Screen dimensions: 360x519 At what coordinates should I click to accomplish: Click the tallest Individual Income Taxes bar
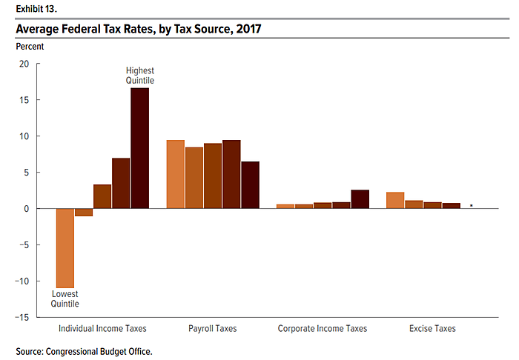pos(139,148)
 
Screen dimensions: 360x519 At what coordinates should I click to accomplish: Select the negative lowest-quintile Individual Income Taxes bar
pos(65,247)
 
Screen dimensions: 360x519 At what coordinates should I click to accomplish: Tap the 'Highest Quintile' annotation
pos(139,76)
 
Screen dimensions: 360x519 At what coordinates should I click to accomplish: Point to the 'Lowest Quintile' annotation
pos(65,299)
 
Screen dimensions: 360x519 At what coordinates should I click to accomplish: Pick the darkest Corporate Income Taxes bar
pos(360,199)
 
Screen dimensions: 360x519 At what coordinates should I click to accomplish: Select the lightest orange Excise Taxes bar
pos(396,200)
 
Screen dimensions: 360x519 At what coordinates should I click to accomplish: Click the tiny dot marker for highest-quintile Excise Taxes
pos(472,205)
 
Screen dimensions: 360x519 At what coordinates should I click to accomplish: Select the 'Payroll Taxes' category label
pos(213,328)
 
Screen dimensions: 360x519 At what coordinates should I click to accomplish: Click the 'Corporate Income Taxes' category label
pos(323,328)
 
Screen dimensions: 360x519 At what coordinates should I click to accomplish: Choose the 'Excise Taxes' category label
pos(432,328)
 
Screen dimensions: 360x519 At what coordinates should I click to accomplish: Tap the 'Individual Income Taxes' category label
pos(102,328)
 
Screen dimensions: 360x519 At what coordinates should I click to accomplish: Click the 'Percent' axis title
pos(30,46)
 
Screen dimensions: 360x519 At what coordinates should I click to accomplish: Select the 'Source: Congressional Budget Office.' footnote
pos(84,351)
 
